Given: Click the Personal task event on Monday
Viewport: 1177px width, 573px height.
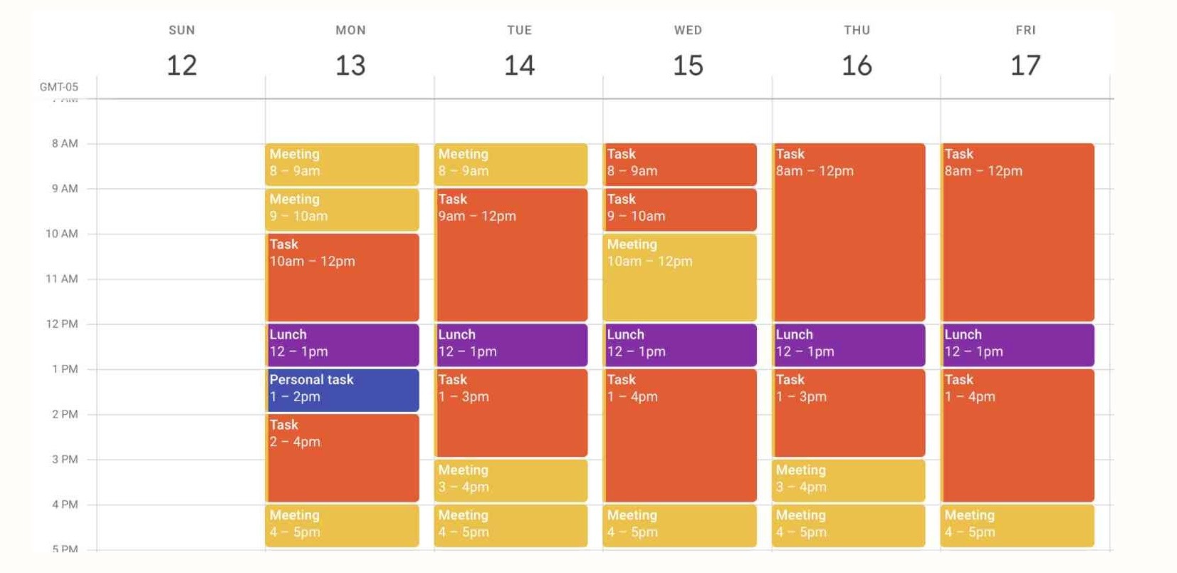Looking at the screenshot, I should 342,390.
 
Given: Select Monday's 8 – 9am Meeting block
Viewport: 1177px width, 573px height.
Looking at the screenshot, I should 342,164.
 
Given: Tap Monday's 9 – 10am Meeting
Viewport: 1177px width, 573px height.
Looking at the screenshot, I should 342,209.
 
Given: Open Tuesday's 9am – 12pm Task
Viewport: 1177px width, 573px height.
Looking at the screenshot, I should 511,254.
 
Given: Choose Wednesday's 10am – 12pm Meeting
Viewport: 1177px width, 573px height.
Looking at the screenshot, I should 680,277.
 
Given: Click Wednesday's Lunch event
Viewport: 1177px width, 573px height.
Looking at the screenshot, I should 680,345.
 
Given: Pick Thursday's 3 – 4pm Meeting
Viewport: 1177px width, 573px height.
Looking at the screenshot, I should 849,480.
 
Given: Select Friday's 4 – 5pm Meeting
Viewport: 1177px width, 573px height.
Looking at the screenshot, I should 1018,525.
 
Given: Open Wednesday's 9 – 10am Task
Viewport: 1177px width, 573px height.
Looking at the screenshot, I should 680,209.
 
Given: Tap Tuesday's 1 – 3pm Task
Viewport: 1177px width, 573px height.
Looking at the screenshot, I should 511,413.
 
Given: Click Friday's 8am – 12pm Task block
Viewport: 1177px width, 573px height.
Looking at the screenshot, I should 1018,232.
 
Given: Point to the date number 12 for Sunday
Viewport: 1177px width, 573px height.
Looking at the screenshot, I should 182,66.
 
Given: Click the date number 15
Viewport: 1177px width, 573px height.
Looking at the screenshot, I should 688,66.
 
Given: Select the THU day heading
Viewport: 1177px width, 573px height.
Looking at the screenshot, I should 857,30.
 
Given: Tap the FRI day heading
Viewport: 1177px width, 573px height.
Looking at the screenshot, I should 1025,30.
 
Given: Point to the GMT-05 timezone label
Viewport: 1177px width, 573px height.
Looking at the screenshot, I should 58,87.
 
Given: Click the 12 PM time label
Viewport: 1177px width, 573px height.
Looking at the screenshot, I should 62,324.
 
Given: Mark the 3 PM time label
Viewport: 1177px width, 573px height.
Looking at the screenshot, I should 65,460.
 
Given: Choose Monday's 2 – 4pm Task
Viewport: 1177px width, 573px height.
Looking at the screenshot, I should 342,458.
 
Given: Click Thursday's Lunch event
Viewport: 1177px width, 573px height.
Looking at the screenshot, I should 849,345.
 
